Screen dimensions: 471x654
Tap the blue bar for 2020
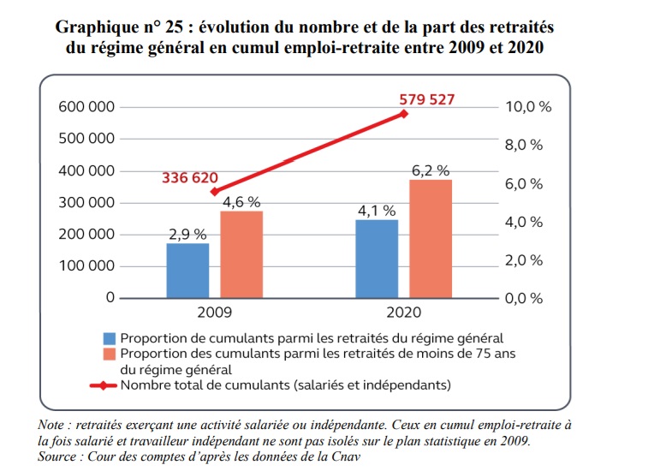[x=378, y=259]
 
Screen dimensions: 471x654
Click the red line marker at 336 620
[x=215, y=192]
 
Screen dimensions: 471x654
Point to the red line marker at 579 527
[x=405, y=114]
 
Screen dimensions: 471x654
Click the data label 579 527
[x=426, y=99]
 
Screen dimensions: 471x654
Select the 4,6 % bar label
[x=241, y=202]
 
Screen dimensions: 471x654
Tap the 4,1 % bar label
[x=377, y=211]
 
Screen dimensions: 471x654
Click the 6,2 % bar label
[x=431, y=170]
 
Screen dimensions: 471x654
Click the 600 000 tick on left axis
[x=86, y=107]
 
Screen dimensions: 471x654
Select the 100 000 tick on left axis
[x=86, y=265]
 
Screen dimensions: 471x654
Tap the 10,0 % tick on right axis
[x=530, y=107]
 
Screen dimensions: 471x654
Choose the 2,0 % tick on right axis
[x=526, y=260]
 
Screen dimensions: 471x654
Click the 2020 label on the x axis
[x=404, y=313]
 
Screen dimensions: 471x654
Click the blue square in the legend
[x=110, y=338]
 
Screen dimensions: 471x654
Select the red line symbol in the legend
[x=104, y=385]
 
